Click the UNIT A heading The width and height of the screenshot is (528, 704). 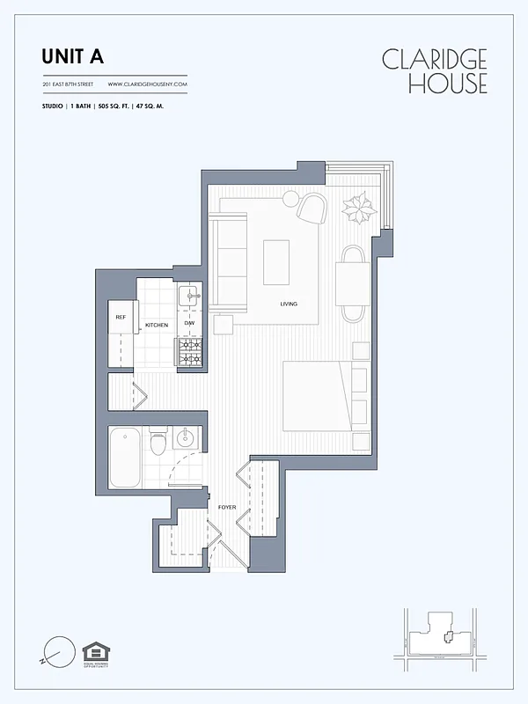72,57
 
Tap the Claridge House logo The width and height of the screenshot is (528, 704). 434,71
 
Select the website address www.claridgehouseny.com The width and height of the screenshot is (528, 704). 148,84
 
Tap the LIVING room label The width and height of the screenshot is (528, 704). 289,304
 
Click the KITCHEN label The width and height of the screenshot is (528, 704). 157,326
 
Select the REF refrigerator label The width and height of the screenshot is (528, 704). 120,317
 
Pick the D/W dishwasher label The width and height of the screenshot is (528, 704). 189,324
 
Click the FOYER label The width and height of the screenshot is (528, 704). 227,508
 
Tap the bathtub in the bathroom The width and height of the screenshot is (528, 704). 125,457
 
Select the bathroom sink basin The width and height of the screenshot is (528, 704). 187,438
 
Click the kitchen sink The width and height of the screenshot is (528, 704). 189,297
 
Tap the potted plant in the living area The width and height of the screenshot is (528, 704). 359,209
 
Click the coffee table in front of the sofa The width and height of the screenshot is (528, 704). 276,262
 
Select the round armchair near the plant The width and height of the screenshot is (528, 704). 311,208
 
